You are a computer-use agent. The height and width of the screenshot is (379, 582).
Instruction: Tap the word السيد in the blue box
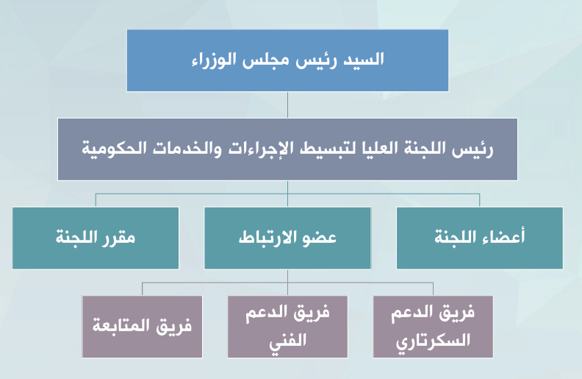pos(363,59)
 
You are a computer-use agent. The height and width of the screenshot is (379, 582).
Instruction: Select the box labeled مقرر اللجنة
pos(96,238)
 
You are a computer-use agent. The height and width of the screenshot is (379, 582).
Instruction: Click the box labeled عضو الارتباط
pos(287,238)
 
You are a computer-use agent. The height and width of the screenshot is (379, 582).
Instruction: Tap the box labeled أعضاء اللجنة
pos(480,238)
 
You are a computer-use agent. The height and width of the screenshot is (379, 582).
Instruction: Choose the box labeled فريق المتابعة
pos(142,327)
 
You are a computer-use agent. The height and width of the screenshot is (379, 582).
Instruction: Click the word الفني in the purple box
pos(287,340)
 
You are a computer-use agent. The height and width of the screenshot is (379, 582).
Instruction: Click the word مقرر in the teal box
pos(120,238)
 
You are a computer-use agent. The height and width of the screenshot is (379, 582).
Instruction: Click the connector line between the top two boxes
pos(287,105)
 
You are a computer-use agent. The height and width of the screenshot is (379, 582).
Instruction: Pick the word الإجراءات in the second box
pos(256,148)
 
